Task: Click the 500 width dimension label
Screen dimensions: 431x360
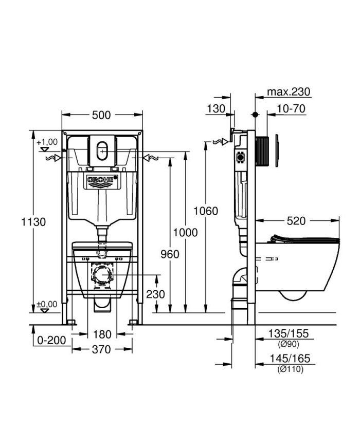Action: [x=101, y=115]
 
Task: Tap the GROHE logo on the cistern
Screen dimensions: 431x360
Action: [x=101, y=180]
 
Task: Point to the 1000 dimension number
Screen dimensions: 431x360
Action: [x=185, y=233]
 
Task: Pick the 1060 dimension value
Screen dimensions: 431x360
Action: [x=206, y=211]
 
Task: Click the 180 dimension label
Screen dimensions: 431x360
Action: [x=101, y=334]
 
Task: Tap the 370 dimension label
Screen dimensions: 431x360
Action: [x=101, y=349]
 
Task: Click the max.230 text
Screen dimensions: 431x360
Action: [x=289, y=92]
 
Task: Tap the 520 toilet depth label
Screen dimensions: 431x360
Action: [x=296, y=221]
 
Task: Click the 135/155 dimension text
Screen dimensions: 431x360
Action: [x=288, y=335]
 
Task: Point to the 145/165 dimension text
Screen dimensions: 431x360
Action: [x=288, y=359]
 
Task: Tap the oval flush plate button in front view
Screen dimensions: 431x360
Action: [x=101, y=151]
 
